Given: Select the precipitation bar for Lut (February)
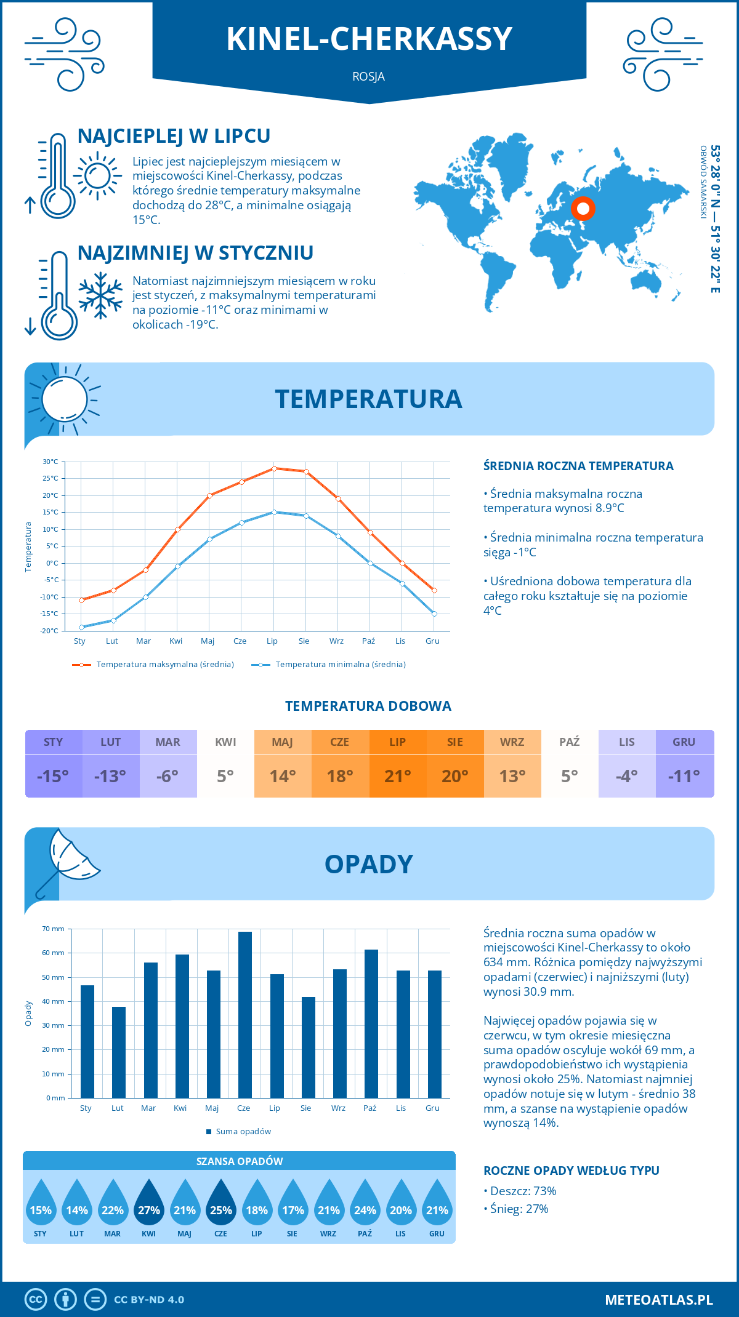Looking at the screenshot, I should [x=119, y=1052].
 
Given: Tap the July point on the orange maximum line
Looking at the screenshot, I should [x=274, y=468].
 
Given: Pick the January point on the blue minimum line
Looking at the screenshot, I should [x=81, y=627].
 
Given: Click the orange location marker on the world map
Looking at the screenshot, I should [x=583, y=209].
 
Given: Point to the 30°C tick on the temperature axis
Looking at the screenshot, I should [x=50, y=462].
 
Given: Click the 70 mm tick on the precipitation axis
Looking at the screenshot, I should [x=54, y=929].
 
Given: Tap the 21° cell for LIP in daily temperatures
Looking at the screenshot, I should [x=397, y=775].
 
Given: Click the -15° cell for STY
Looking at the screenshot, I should [x=53, y=775].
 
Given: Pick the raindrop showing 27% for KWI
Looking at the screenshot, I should [x=149, y=1203].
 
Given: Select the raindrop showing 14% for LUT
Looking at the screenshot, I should [x=77, y=1203].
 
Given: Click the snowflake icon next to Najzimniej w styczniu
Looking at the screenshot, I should [x=100, y=295].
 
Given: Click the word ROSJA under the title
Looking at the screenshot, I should [x=369, y=76].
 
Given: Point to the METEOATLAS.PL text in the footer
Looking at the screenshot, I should [x=659, y=1299].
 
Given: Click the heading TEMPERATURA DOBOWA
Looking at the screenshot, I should [x=368, y=706].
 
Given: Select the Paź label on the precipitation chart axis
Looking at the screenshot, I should [x=369, y=1108].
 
